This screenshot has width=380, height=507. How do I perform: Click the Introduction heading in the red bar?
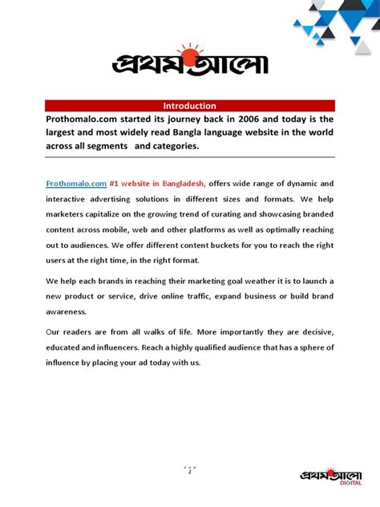tap(189, 105)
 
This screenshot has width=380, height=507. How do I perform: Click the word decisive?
tap(314, 333)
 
